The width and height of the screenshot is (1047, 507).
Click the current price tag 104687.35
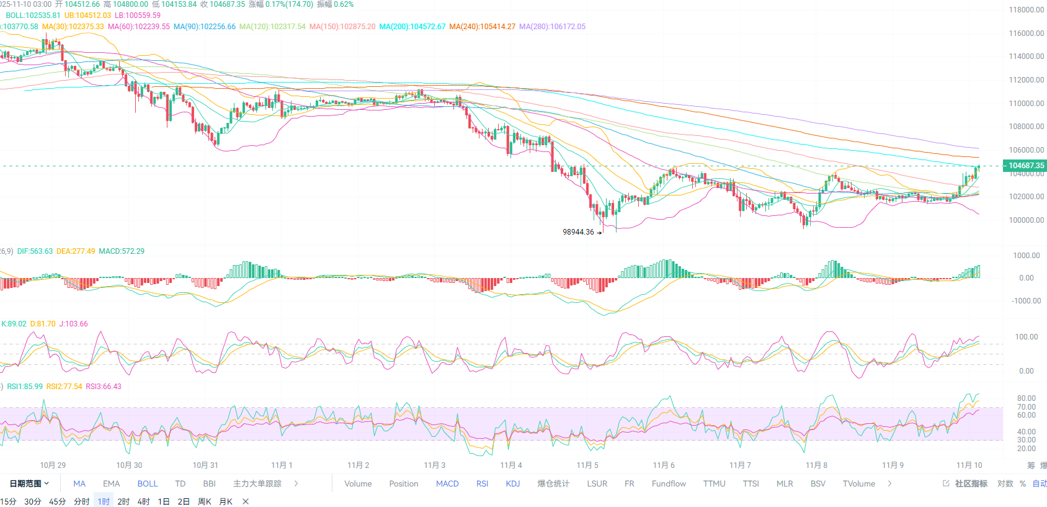pos(1025,166)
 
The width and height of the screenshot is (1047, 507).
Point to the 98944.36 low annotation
pos(578,232)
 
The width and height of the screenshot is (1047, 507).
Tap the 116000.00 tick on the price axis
pos(1026,34)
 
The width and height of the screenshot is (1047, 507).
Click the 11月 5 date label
pos(587,465)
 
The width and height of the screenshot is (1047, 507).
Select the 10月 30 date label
pos(129,465)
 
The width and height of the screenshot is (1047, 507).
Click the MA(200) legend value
pos(412,27)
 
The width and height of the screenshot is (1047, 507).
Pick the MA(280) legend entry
pos(552,27)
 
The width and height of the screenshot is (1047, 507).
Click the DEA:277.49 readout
pos(76,251)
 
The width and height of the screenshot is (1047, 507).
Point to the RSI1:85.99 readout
pos(25,387)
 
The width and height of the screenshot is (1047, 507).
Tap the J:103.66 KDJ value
pos(73,324)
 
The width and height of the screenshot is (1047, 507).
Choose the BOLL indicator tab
pos(148,484)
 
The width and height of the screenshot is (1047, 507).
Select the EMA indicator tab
pos(112,484)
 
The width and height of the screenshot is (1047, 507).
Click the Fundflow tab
pos(669,484)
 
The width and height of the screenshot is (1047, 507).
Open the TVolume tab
pos(858,484)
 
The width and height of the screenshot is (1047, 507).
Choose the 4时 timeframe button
pos(143,501)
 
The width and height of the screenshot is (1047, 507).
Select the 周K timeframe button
pos(205,501)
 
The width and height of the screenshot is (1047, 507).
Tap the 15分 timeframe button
pos(8,501)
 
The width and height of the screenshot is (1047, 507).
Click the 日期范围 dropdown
pos(29,484)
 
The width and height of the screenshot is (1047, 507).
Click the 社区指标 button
pos(970,484)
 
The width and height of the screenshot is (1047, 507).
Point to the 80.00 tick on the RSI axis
pos(1026,398)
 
